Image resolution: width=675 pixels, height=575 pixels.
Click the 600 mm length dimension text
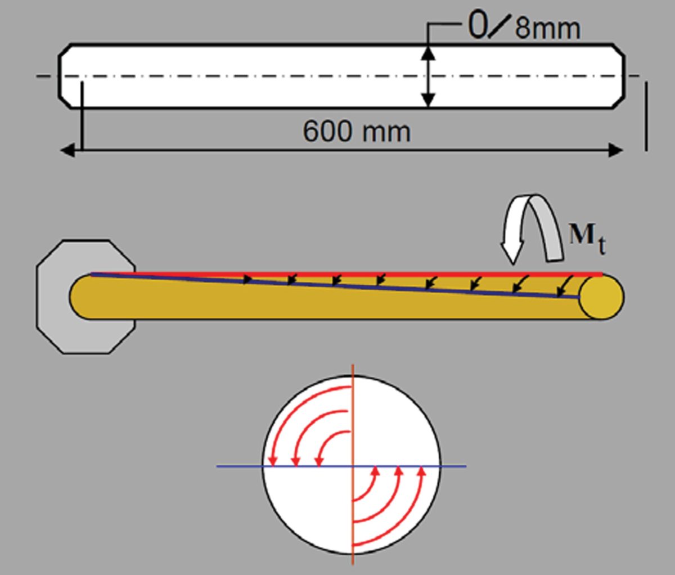pos(357,132)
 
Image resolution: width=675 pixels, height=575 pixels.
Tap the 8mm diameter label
pos(547,29)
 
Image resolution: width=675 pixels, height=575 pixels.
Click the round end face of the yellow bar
pos(601,298)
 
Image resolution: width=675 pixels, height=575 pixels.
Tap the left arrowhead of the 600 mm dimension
pos(67,150)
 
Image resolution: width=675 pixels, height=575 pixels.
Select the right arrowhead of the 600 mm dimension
pos(616,150)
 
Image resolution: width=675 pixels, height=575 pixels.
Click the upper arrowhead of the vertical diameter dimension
pos(428,53)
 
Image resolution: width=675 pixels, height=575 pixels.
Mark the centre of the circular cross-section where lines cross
pos(353,466)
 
